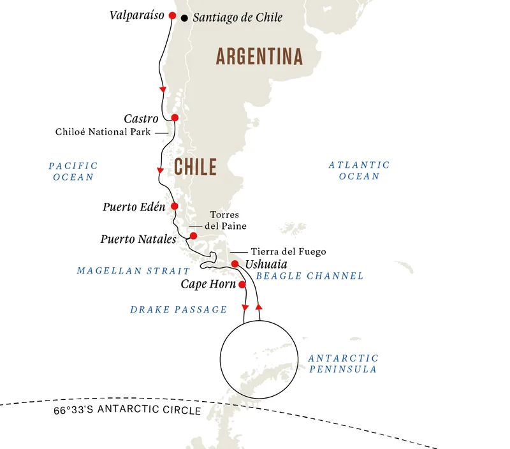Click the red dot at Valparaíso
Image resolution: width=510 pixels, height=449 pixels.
click(171, 16)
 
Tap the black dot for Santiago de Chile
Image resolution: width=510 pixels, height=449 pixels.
click(185, 18)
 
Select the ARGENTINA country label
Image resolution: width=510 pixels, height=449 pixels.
click(259, 57)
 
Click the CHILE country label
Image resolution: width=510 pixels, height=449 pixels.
click(195, 167)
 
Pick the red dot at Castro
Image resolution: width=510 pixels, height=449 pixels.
click(175, 117)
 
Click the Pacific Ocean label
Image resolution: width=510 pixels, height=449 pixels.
click(73, 171)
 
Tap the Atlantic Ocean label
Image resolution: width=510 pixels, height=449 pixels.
click(359, 170)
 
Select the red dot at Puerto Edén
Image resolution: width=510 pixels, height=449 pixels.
click(174, 206)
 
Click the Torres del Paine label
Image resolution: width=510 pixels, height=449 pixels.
click(225, 221)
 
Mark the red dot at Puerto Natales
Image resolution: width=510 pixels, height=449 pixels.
click(194, 236)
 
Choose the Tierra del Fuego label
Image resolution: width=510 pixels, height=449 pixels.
click(288, 252)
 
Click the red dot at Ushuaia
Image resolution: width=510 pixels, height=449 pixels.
click(235, 264)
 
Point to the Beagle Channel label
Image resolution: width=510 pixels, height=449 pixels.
click(309, 276)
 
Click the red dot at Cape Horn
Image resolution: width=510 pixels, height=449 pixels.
click(242, 284)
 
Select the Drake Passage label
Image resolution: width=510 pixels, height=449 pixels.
click(178, 309)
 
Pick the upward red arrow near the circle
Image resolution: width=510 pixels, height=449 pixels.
click(258, 307)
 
